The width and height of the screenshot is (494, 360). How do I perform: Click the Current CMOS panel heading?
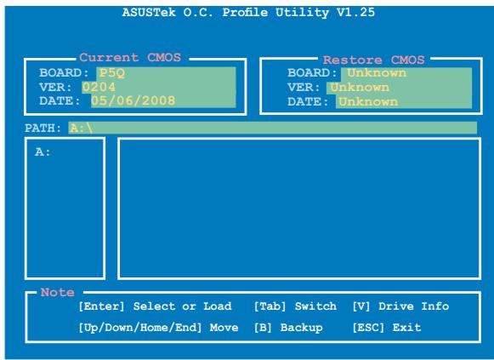click(x=131, y=59)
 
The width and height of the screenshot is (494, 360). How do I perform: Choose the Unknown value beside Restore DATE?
click(x=366, y=101)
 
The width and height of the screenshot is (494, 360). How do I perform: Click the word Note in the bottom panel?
click(x=56, y=292)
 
